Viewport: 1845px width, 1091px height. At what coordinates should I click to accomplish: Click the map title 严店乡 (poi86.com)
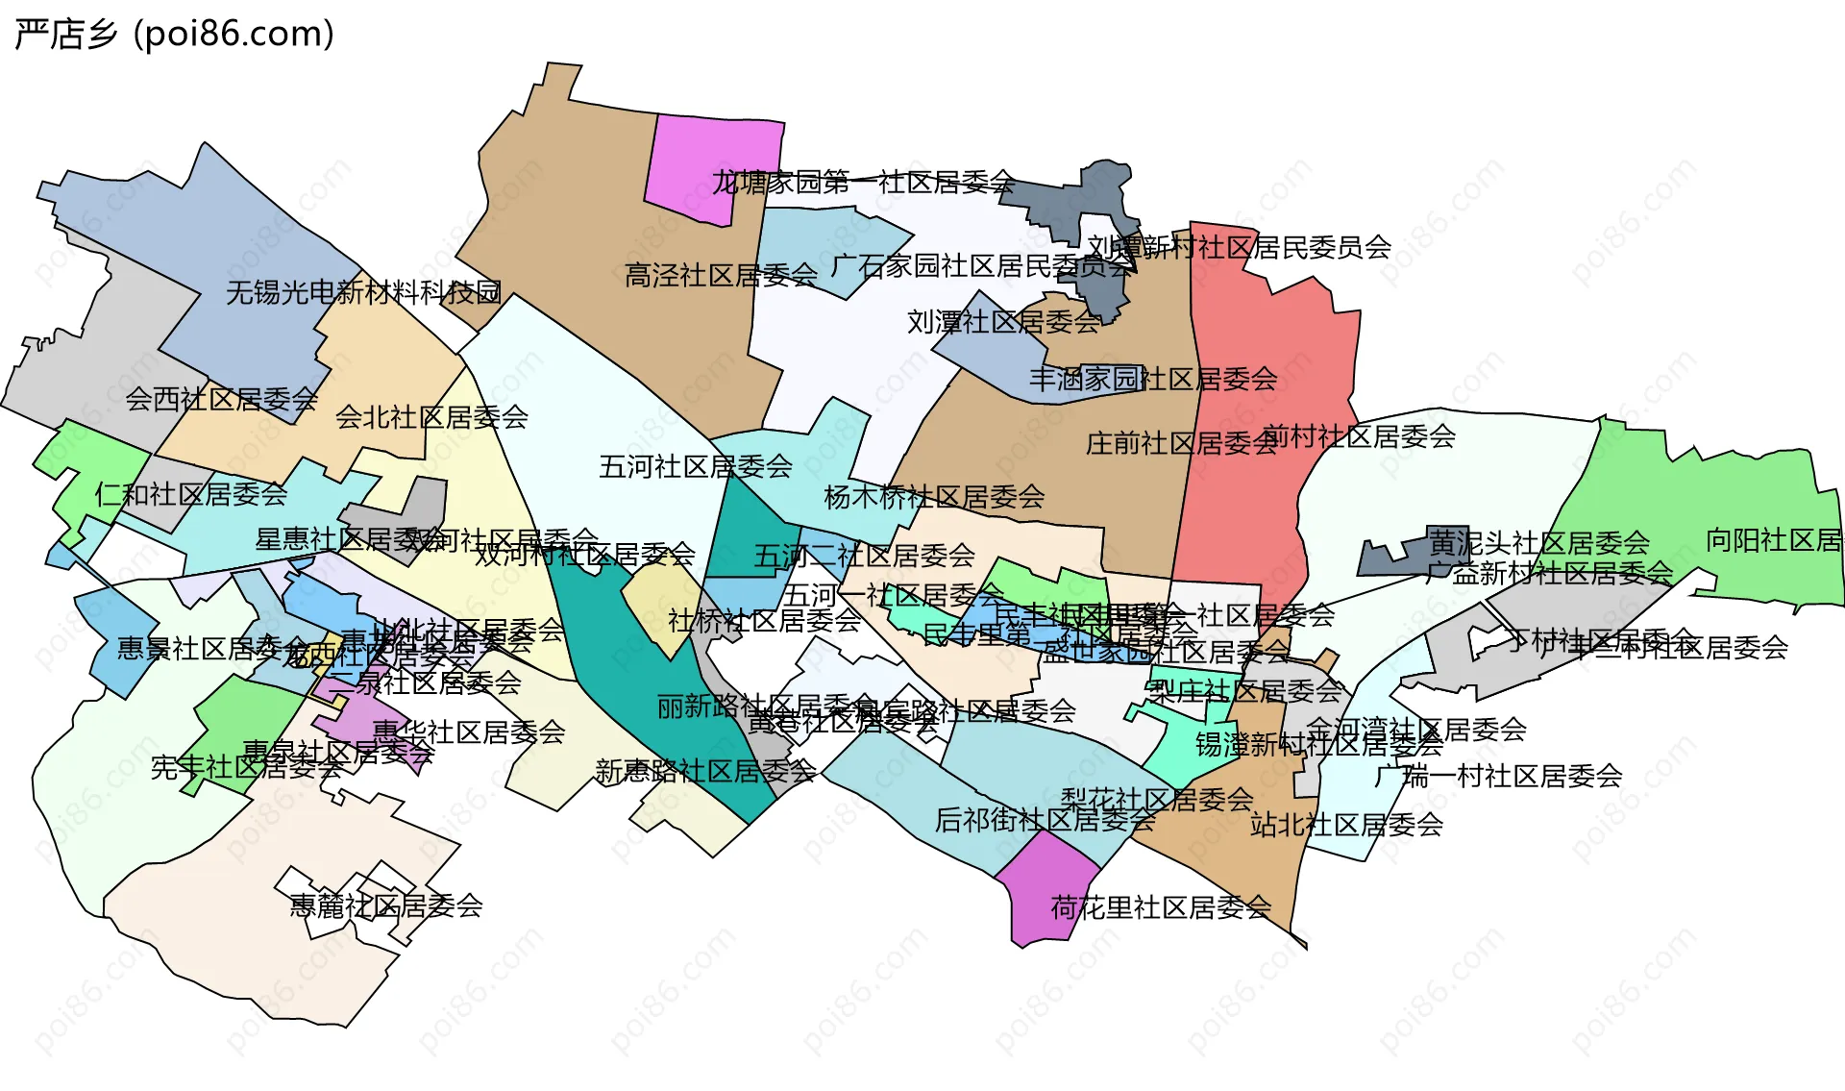click(175, 35)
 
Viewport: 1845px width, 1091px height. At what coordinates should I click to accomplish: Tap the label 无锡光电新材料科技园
click(363, 292)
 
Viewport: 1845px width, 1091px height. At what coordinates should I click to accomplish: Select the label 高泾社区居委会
click(721, 276)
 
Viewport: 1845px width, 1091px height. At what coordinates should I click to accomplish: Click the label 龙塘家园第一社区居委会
click(862, 182)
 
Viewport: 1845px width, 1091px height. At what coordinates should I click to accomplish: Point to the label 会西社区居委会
click(221, 399)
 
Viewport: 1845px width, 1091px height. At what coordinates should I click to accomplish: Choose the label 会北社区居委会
click(431, 417)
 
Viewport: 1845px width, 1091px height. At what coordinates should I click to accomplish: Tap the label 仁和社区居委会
click(190, 494)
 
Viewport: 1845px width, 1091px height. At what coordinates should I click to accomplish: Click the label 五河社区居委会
click(695, 467)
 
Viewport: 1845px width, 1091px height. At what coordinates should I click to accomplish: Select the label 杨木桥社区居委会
click(934, 497)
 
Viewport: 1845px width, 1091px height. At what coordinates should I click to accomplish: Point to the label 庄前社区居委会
click(1181, 443)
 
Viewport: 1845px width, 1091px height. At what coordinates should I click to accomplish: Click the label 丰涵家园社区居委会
click(1153, 379)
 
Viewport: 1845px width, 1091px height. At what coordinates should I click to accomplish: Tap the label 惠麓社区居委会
click(386, 905)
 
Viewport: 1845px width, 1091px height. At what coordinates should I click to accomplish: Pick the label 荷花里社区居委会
click(1161, 907)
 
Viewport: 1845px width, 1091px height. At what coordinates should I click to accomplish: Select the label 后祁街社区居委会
click(1045, 820)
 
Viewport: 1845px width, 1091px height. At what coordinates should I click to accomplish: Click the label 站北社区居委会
click(1346, 825)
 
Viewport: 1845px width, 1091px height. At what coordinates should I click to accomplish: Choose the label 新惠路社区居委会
click(705, 771)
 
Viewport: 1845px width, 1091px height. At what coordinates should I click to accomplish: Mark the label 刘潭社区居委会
click(1003, 322)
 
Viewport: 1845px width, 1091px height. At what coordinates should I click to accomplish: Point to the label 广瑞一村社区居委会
click(1498, 776)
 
